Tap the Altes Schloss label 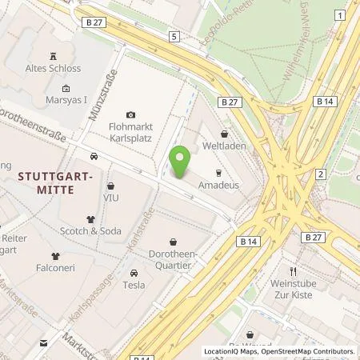pyautogui.click(x=53, y=70)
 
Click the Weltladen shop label pyautogui.click(x=224, y=146)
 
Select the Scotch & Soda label pyautogui.click(x=91, y=230)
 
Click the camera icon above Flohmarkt pyautogui.click(x=131, y=115)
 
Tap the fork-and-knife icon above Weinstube pyautogui.click(x=294, y=272)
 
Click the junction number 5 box pyautogui.click(x=174, y=37)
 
